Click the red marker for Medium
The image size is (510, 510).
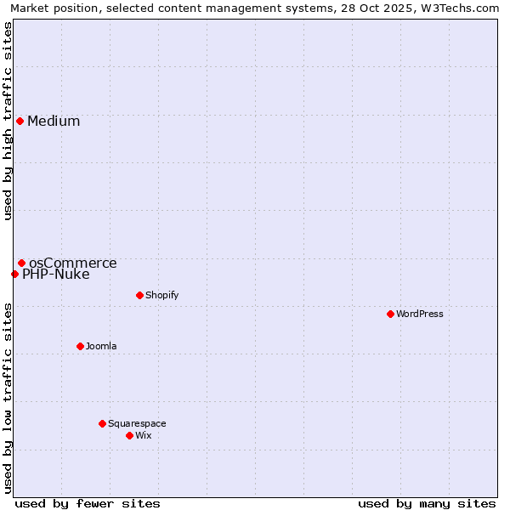pyautogui.click(x=20, y=121)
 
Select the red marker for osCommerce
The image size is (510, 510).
pyautogui.click(x=21, y=263)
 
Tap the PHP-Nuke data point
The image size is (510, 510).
pyautogui.click(x=14, y=274)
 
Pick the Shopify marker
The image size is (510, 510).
pyautogui.click(x=139, y=295)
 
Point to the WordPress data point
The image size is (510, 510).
pyautogui.click(x=390, y=314)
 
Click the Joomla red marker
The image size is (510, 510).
pyautogui.click(x=80, y=346)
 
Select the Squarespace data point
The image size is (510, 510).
pyautogui.click(x=102, y=423)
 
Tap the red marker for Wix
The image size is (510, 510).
pyautogui.click(x=129, y=435)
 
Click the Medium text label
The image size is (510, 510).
pyautogui.click(x=54, y=121)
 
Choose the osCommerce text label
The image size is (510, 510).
pyautogui.click(x=73, y=263)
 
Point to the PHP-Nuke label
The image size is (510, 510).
pyautogui.click(x=56, y=274)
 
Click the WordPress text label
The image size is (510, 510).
pyautogui.click(x=420, y=314)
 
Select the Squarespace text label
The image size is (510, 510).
pyautogui.click(x=137, y=423)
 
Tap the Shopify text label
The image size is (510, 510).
pyautogui.click(x=161, y=295)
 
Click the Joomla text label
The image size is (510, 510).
pyautogui.click(x=101, y=346)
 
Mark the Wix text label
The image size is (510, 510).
pyautogui.click(x=143, y=435)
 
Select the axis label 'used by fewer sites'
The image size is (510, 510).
pyautogui.click(x=88, y=503)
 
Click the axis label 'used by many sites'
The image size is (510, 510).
pyautogui.click(x=427, y=503)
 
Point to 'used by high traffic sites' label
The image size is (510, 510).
pyautogui.click(x=8, y=121)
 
